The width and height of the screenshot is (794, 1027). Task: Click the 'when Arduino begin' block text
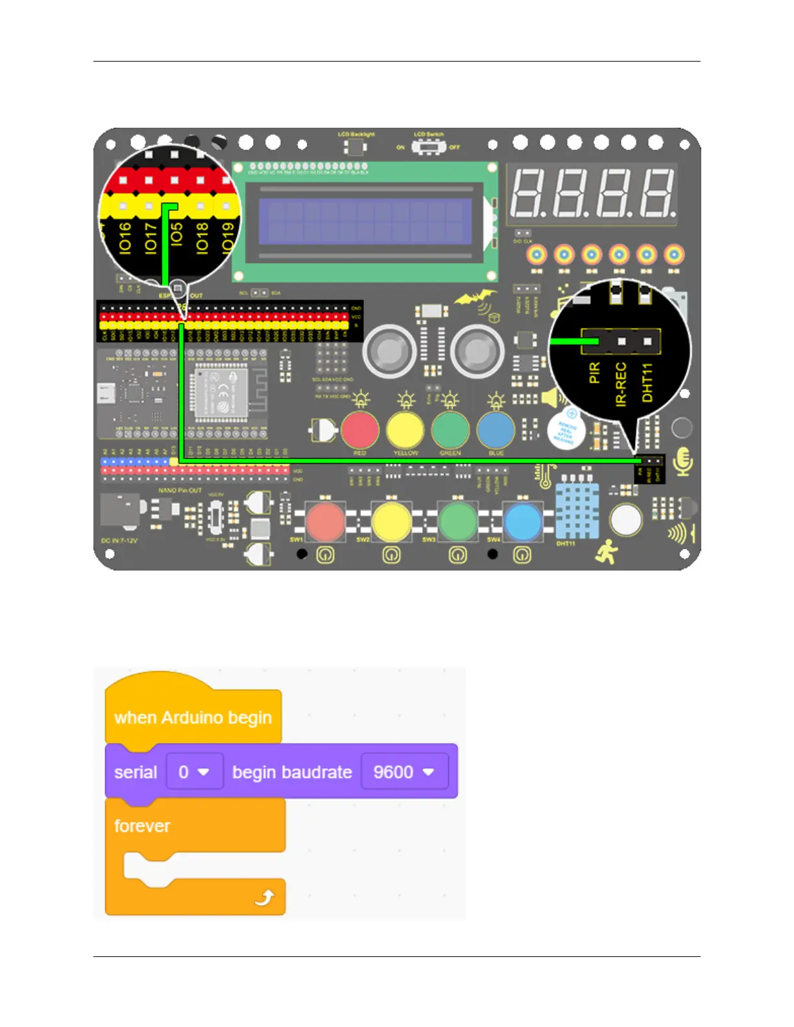coord(193,718)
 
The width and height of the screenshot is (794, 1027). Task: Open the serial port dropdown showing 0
coord(195,772)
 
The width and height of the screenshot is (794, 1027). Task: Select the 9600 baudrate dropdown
coord(403,772)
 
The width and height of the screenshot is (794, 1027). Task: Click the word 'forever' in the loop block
coord(142,825)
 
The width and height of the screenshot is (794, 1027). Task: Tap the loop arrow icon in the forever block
coord(264,898)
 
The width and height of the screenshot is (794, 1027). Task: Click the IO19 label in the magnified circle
coord(227,237)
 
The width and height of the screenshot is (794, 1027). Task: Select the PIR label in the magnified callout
coord(594,373)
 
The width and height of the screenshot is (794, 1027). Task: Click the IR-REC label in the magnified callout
coord(621,384)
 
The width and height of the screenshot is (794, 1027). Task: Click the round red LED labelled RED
coord(360,430)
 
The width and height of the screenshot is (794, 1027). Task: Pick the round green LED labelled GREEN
coord(450,430)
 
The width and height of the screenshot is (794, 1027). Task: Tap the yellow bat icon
coord(474,298)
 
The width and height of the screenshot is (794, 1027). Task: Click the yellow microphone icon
coord(683,461)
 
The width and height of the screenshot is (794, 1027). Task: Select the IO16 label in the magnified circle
coord(125,237)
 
